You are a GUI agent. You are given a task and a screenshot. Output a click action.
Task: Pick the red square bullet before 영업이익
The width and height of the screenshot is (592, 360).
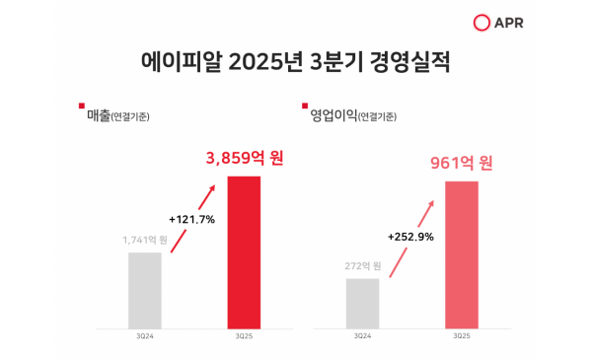(x=301, y=106)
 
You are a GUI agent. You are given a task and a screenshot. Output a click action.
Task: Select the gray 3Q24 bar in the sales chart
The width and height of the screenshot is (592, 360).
(x=145, y=290)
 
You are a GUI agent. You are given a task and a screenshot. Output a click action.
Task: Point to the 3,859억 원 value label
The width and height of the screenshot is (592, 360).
(x=244, y=157)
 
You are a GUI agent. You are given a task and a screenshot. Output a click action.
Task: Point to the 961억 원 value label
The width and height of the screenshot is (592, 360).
(x=461, y=163)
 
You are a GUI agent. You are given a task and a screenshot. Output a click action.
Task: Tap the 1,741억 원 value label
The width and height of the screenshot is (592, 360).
(x=145, y=240)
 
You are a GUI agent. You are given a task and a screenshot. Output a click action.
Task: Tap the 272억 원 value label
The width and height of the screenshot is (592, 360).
(x=362, y=265)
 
